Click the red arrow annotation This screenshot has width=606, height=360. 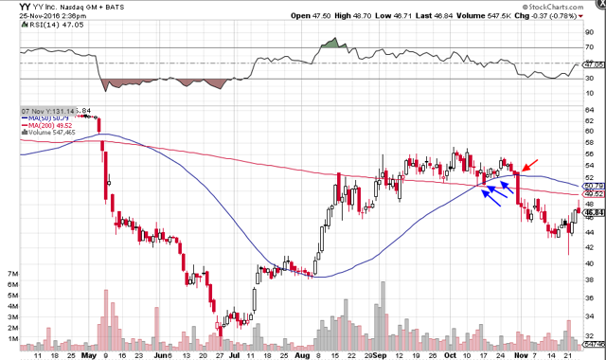tap(532, 167)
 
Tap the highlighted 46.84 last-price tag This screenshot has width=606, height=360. tap(590, 214)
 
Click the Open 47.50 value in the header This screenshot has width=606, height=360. tap(334, 17)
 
